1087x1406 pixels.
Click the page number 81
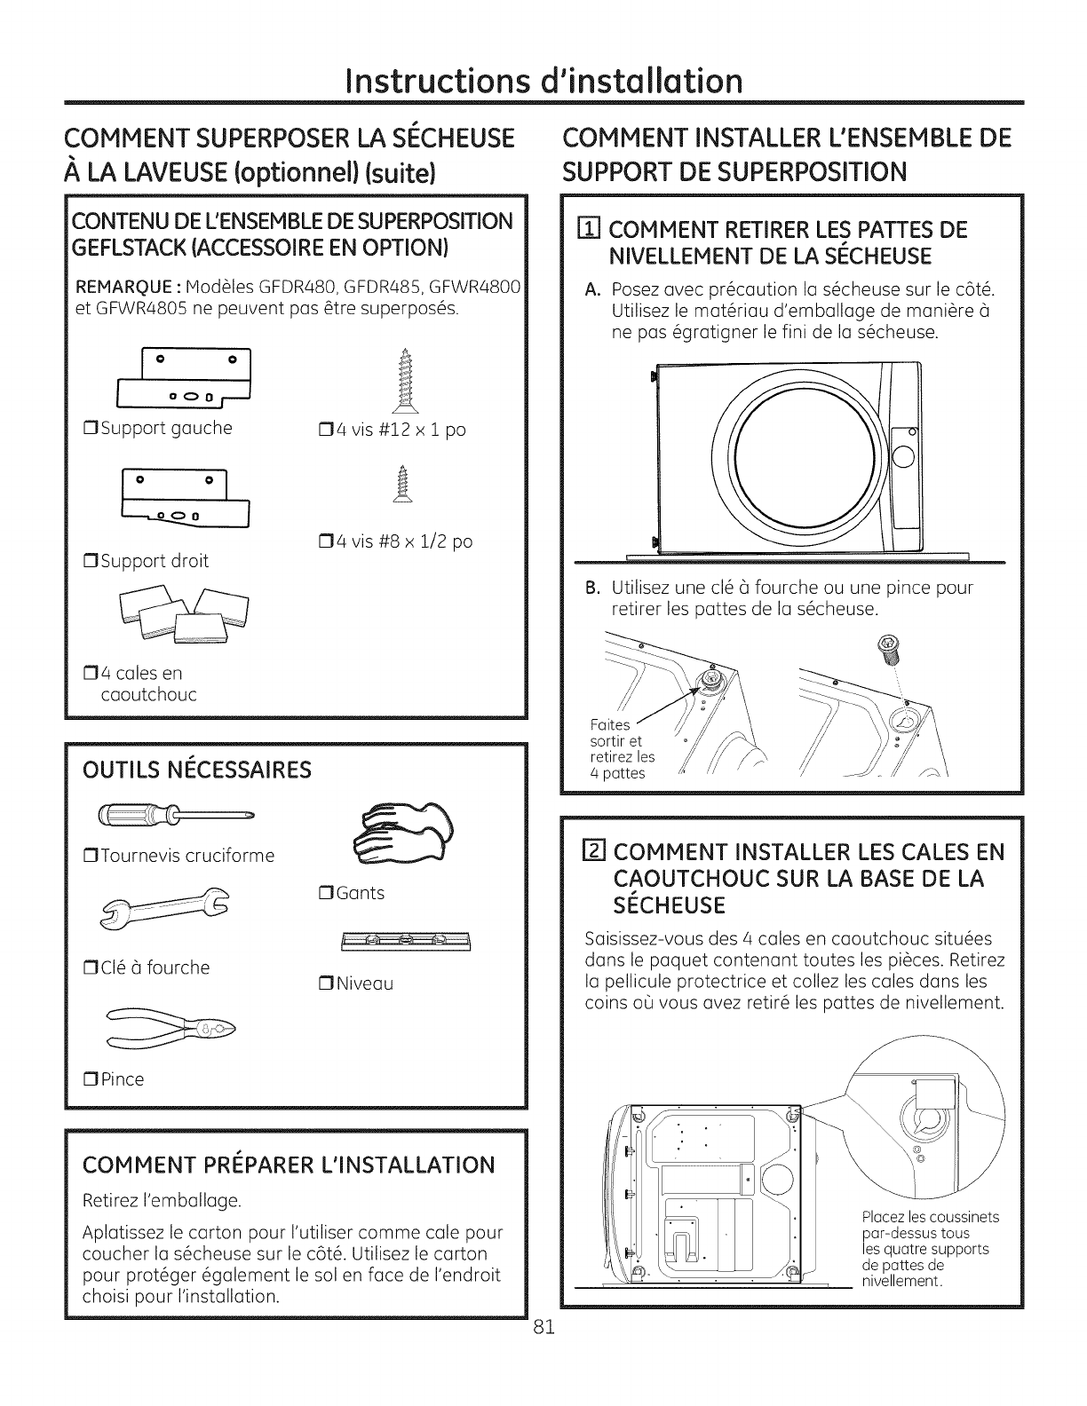point(544,1328)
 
